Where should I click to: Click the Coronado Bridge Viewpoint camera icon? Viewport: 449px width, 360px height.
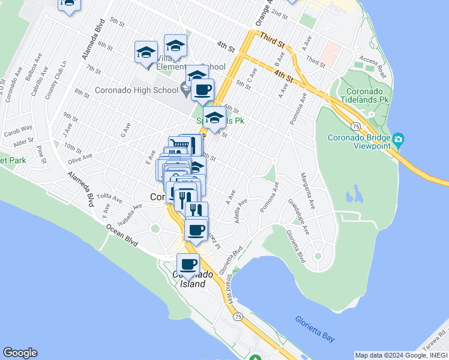pyautogui.click(x=398, y=142)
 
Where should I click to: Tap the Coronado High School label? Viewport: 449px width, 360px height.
pyautogui.click(x=137, y=91)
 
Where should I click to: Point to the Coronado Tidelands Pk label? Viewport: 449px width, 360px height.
pyautogui.click(x=365, y=95)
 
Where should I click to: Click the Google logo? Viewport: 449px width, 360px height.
pyautogui.click(x=20, y=353)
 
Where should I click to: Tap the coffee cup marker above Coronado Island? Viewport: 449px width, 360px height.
pyautogui.click(x=188, y=265)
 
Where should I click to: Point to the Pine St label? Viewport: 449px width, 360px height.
pyautogui.click(x=41, y=154)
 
